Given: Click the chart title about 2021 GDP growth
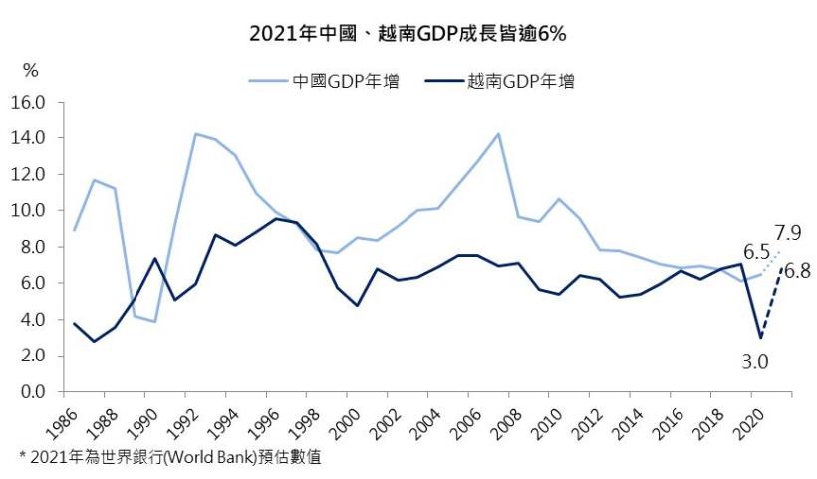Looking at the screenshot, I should [408, 33].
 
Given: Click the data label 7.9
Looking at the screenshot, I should [786, 233].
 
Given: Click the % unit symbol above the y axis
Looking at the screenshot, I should [31, 71].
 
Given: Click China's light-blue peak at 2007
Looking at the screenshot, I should [497, 134].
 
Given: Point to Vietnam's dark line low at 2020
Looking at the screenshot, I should [760, 337].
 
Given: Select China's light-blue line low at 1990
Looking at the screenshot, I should [154, 321].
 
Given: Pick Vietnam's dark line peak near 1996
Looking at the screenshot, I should [276, 219].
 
